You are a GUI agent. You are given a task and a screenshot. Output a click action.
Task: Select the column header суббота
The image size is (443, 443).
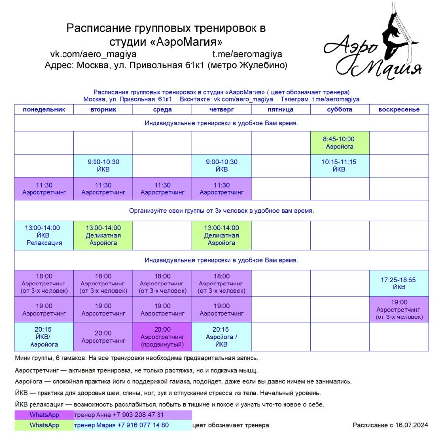click(340, 109)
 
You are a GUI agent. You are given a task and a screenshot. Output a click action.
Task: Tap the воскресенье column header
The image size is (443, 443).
click(399, 109)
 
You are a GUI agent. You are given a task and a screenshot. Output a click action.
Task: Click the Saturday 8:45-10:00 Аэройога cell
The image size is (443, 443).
click(340, 143)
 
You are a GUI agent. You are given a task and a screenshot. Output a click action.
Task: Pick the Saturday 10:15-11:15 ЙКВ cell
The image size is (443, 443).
click(340, 165)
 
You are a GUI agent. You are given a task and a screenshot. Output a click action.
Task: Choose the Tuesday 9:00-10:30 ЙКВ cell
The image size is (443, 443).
click(103, 165)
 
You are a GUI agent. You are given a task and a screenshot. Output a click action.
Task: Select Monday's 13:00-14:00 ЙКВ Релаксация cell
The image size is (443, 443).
click(44, 235)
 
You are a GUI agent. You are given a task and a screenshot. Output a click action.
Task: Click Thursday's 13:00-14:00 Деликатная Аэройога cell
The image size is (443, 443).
click(221, 235)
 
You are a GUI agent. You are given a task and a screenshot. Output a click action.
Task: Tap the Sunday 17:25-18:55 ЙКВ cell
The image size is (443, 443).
click(399, 283)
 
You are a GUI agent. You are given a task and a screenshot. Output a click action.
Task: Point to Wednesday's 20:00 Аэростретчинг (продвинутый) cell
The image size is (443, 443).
click(162, 337)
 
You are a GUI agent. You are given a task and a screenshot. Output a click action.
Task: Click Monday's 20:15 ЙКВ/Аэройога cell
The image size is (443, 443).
click(44, 337)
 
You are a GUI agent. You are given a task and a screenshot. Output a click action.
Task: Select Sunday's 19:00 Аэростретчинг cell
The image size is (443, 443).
click(399, 310)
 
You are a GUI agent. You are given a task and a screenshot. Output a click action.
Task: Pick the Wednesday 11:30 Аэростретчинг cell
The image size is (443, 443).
click(162, 189)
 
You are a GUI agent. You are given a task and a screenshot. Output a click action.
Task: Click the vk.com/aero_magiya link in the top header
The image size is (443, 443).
click(94, 54)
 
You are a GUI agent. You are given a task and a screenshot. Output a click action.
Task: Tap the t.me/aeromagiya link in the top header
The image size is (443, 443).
click(247, 54)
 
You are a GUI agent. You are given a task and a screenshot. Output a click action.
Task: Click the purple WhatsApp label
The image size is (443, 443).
click(44, 415)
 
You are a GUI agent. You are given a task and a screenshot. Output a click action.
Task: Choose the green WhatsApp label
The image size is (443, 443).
click(44, 425)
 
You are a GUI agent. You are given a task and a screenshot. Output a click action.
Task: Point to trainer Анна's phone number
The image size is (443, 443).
click(140, 415)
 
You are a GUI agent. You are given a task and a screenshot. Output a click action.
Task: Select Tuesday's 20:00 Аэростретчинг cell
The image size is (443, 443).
click(103, 337)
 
